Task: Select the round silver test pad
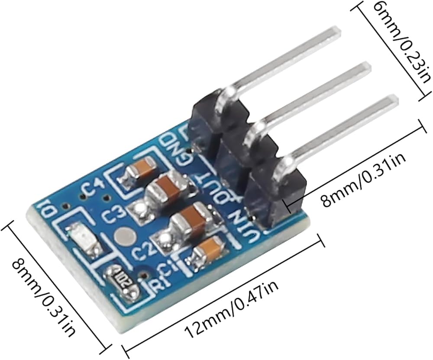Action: coord(125,236)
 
